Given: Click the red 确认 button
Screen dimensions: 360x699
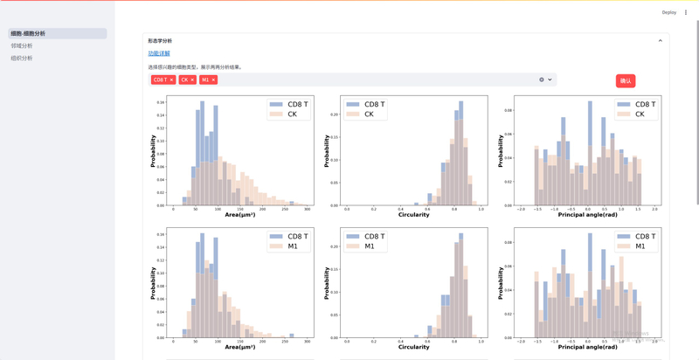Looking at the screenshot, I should click(625, 80).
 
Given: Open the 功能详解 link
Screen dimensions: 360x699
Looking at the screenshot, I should click(159, 53).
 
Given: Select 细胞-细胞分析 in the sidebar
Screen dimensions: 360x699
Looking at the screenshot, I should click(28, 33).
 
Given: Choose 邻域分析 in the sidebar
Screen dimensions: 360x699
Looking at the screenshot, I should click(22, 45).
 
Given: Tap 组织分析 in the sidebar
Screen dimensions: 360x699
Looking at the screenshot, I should click(22, 58).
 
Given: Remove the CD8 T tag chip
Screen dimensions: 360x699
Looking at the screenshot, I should click(171, 80).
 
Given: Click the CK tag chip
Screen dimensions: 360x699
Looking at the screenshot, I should click(184, 80).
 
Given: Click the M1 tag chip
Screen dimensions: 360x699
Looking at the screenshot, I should click(205, 80).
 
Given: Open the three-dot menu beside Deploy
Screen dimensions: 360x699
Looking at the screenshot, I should click(686, 12).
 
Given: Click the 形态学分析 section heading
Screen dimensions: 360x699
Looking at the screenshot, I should click(160, 41).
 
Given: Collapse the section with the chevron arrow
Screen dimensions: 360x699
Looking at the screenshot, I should click(660, 41).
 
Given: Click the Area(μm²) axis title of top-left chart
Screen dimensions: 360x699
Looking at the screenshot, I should click(239, 214).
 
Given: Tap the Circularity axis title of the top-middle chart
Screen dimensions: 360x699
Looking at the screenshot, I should click(413, 214).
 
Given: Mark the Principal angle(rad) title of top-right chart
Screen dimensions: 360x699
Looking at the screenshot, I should click(587, 214).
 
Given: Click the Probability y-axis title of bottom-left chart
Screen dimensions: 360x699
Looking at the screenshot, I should click(153, 283).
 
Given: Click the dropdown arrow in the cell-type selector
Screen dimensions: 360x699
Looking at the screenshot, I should click(550, 80).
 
